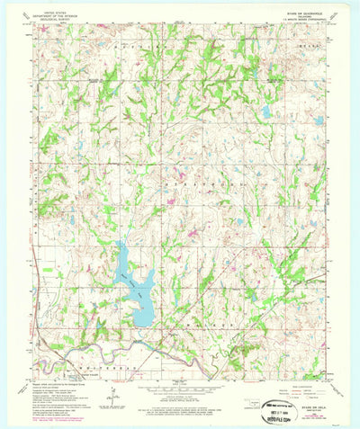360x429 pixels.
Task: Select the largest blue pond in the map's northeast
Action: pos(266,112)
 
